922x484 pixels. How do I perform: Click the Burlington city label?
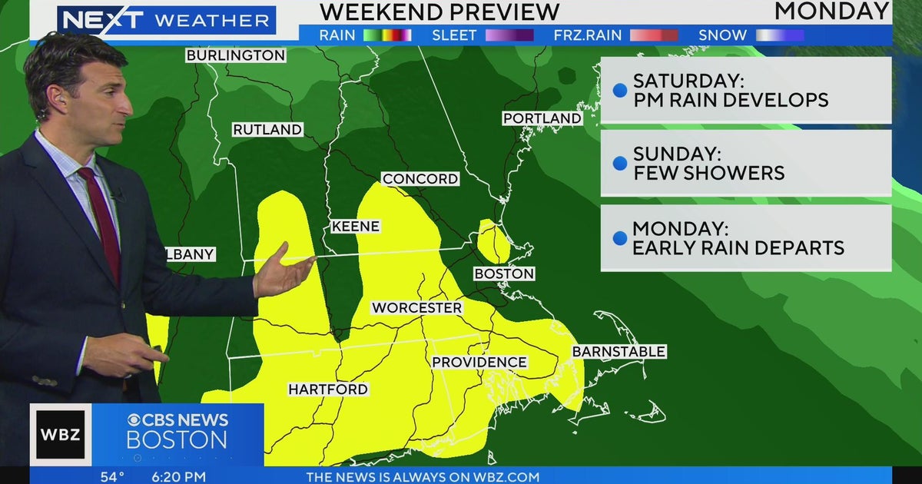click(236, 55)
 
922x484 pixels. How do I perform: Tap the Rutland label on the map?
click(267, 130)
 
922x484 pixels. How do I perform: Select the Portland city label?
click(542, 118)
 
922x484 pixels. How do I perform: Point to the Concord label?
click(420, 179)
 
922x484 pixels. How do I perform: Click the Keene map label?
click(355, 227)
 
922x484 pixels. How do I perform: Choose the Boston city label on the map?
click(504, 273)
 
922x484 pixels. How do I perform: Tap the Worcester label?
click(417, 308)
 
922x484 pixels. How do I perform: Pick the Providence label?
click(479, 362)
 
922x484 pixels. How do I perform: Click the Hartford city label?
click(328, 390)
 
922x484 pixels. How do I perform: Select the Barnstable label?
click(619, 351)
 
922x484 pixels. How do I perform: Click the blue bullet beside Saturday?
click(619, 91)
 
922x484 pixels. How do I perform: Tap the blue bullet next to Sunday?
click(619, 164)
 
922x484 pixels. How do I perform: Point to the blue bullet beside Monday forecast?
click(619, 238)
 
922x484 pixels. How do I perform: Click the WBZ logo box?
click(61, 434)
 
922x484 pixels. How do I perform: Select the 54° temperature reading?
click(112, 477)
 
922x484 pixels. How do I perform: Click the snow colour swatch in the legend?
click(780, 35)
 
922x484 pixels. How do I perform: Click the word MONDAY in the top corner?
click(832, 12)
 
